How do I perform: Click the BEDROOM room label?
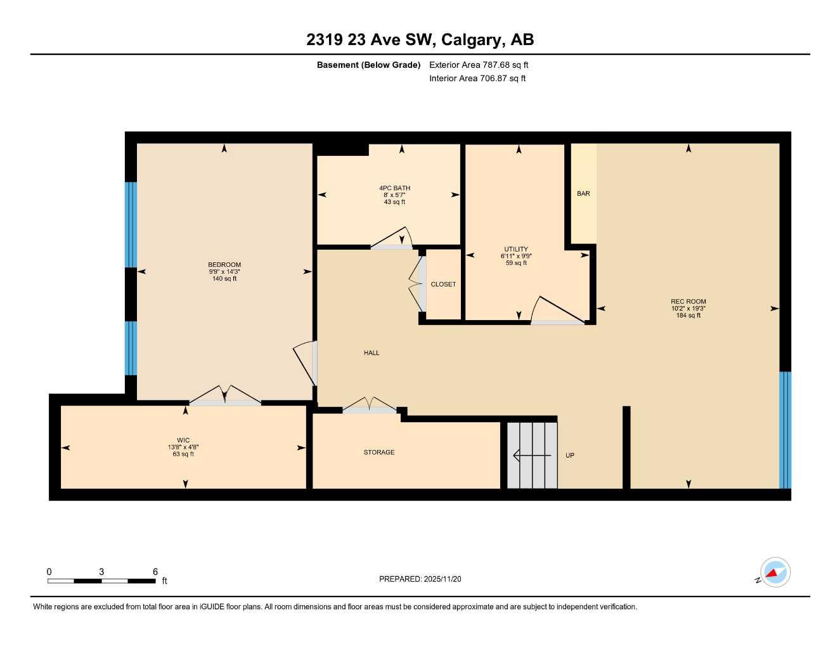(224, 265)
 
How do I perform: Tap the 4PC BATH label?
(394, 188)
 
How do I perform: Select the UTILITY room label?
(516, 249)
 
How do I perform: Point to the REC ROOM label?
(688, 302)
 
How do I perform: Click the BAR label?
(583, 193)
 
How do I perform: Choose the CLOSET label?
(443, 285)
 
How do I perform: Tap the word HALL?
(372, 353)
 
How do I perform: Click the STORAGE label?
(379, 453)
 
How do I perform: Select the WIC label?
(183, 440)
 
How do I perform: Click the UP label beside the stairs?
(570, 456)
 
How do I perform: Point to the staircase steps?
(532, 455)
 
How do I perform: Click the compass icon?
(775, 573)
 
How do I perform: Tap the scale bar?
(101, 581)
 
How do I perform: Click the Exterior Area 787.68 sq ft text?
(479, 65)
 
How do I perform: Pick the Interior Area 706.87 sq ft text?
(477, 79)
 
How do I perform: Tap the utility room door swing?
(557, 311)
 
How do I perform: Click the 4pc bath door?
(392, 239)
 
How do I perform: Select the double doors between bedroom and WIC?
(225, 395)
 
